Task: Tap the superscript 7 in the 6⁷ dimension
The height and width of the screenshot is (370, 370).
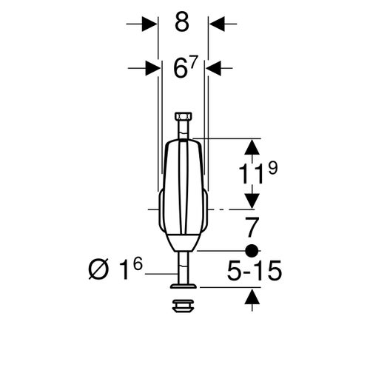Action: click(x=194, y=61)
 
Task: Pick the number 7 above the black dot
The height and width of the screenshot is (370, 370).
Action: click(x=252, y=226)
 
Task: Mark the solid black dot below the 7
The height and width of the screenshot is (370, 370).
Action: click(x=252, y=249)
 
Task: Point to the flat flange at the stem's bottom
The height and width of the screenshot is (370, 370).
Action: click(x=183, y=285)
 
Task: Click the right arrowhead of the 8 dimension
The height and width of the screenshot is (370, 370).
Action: click(x=214, y=24)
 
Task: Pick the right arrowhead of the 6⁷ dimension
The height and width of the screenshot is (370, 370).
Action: click(x=212, y=68)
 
